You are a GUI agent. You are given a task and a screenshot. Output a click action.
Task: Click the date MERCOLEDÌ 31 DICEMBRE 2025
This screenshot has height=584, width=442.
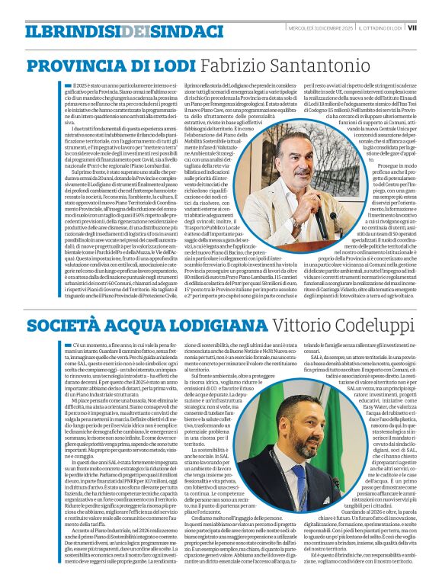(x=325, y=28)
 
